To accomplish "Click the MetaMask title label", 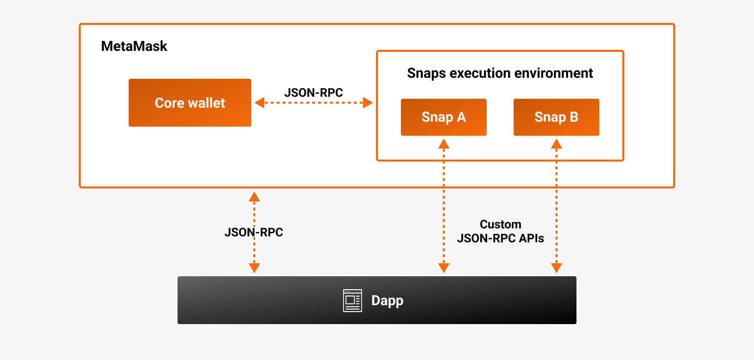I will (134, 46).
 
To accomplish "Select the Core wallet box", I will (190, 103).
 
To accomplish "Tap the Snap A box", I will (443, 117).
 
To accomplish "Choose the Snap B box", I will (556, 117).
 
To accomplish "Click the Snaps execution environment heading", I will (500, 73).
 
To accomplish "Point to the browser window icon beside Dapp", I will (353, 301).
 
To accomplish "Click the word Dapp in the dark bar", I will (387, 301).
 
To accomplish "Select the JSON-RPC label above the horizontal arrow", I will (314, 92).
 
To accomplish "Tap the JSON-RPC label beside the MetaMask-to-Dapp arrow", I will (254, 232).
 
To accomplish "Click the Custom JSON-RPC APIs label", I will (500, 231).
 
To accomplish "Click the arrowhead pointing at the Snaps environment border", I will (368, 103).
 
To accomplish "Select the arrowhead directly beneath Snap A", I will (443, 144).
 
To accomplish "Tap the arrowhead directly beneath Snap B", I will (556, 144).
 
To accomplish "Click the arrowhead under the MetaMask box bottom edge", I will (254, 196).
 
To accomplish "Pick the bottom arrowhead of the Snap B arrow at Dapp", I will (556, 268).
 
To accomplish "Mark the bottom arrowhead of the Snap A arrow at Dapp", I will (443, 268).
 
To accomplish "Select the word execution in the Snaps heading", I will (479, 73).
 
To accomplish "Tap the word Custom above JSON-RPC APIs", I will (500, 224).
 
